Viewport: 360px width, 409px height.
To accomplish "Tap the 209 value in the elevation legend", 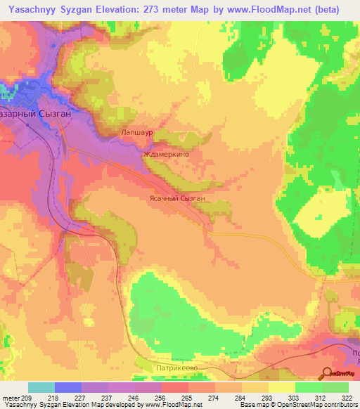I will tap(27, 398).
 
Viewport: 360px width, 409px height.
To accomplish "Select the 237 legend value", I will tap(108, 398).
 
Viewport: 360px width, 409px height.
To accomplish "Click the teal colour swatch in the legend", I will tap(41, 387).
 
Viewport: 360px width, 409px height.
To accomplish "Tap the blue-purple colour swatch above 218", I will tap(68, 387).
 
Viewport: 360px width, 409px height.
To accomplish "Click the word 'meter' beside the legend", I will tap(11, 398).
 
